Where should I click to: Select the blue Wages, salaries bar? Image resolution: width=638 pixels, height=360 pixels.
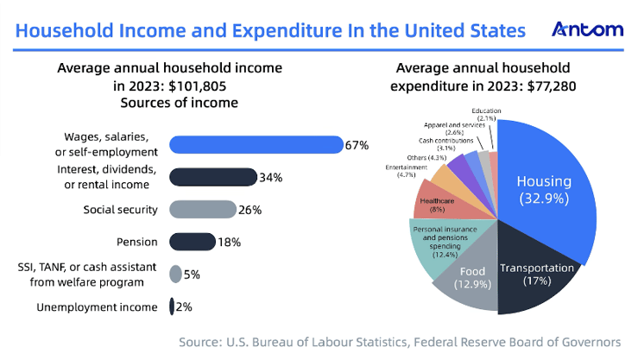click(x=256, y=145)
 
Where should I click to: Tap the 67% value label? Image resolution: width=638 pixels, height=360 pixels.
click(x=357, y=145)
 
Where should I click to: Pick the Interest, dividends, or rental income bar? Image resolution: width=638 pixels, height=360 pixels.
click(x=212, y=177)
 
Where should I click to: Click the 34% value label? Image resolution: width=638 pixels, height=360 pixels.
click(x=270, y=177)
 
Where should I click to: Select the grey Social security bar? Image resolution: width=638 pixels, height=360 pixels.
click(x=202, y=209)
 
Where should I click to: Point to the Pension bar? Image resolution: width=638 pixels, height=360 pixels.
click(x=192, y=242)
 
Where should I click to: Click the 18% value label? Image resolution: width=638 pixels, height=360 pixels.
click(x=229, y=242)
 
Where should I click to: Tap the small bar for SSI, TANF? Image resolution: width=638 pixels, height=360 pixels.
click(x=175, y=275)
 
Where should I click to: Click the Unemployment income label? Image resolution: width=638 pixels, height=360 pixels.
click(x=97, y=306)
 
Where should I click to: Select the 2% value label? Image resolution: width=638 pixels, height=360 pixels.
click(x=185, y=306)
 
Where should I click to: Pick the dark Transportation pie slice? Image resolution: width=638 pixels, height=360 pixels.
click(x=537, y=275)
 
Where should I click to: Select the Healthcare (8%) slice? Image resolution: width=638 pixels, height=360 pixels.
click(x=432, y=204)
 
